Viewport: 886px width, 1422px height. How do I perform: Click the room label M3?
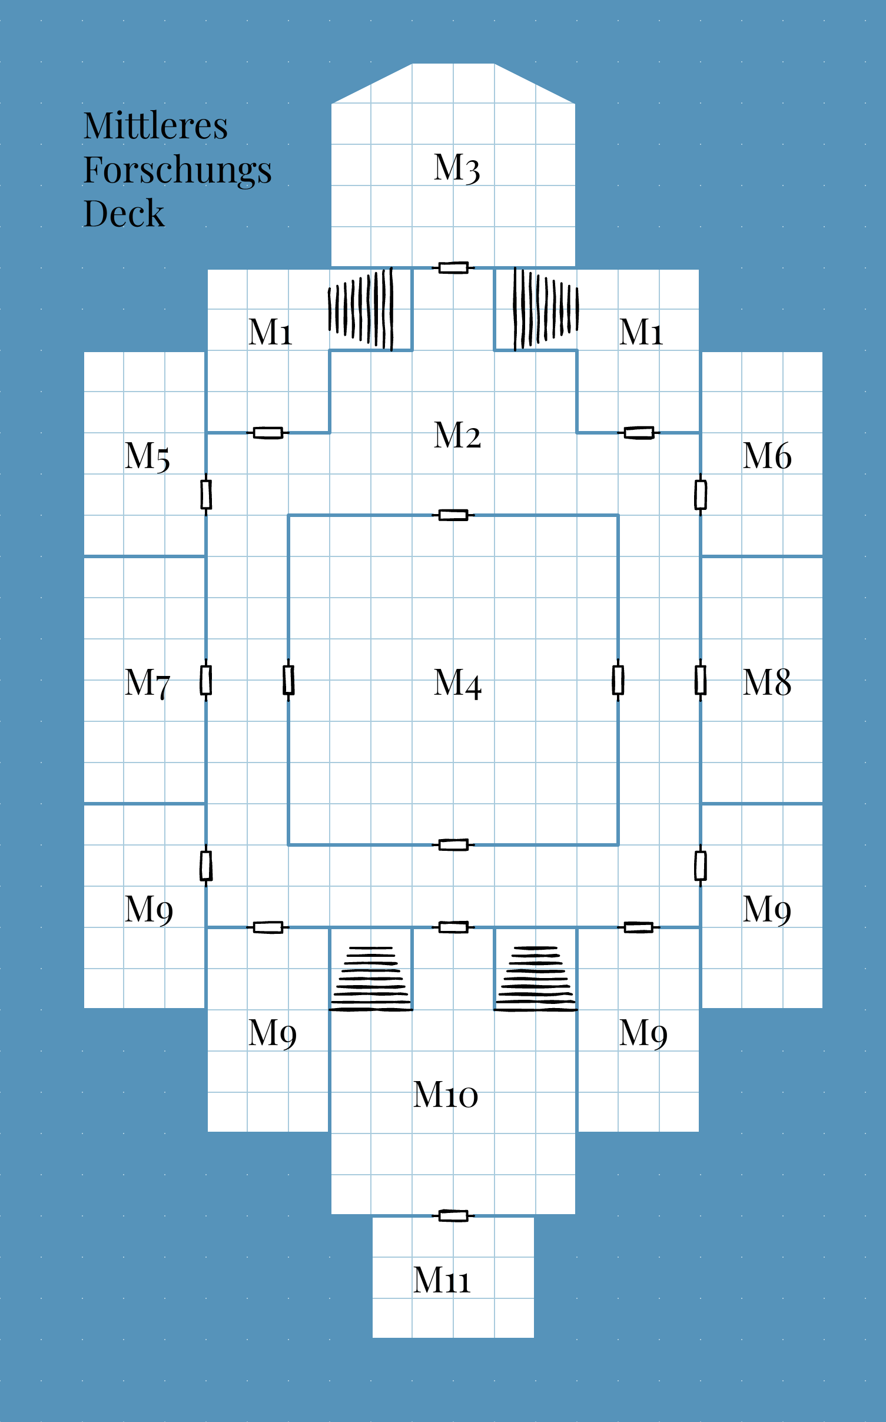[457, 168]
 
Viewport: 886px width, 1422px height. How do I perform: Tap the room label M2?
[457, 436]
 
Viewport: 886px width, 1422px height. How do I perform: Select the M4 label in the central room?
[457, 684]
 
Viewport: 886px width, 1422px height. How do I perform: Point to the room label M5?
[147, 456]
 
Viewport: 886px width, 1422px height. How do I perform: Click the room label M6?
[766, 456]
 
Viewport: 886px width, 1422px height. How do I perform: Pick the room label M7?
[147, 683]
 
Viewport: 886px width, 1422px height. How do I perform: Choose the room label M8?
[766, 682]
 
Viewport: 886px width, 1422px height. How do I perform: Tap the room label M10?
[445, 1095]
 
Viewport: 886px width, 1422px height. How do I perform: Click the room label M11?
[442, 1280]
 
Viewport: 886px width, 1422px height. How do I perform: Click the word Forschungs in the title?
[177, 171]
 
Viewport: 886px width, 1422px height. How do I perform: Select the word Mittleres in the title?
[155, 125]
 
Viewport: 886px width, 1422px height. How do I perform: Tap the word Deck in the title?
[124, 213]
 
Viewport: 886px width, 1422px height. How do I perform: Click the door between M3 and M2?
[453, 268]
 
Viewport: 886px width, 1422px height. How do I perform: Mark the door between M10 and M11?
[453, 1216]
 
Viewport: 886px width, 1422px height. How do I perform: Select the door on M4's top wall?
[453, 515]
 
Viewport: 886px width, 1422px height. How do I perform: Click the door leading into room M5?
[206, 495]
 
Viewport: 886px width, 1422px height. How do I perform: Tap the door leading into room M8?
[701, 680]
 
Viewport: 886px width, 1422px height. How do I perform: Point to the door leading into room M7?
[206, 680]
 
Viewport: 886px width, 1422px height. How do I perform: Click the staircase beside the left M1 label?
[360, 309]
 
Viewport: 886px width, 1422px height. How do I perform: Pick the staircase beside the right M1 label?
[546, 309]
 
